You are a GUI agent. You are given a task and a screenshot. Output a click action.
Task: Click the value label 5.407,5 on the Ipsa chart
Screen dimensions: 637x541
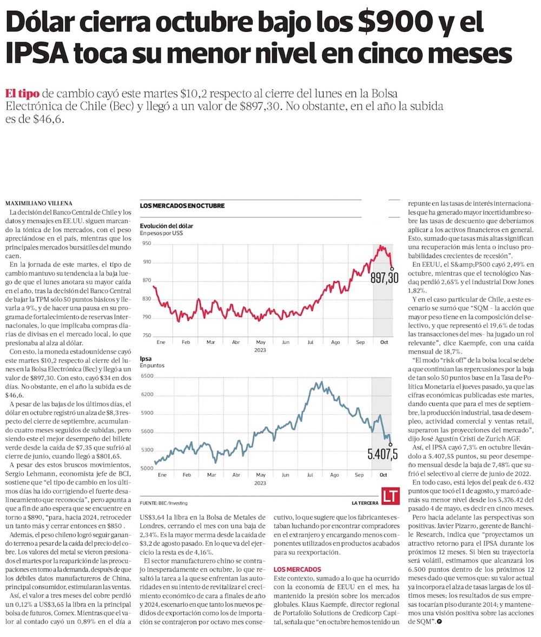(x=382, y=453)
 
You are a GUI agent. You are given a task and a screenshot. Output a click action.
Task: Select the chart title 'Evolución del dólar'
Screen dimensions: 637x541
(x=166, y=225)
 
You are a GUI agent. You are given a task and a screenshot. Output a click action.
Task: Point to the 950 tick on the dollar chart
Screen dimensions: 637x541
(x=146, y=243)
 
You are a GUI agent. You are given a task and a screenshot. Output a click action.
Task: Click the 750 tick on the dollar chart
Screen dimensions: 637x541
(x=146, y=336)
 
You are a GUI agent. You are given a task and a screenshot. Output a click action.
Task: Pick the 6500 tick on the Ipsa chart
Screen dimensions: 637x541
(x=147, y=376)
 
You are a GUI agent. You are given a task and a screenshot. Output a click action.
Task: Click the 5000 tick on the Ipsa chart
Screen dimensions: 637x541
(x=147, y=468)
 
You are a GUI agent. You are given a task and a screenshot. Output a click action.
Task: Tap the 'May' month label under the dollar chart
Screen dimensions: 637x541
(x=260, y=342)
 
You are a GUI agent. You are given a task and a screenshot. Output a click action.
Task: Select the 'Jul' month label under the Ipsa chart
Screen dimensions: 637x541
(x=310, y=474)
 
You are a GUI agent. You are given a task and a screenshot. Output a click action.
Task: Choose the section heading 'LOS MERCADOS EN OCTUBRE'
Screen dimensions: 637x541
(x=182, y=206)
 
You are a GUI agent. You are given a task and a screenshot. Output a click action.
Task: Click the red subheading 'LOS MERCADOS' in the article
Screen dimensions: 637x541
(x=297, y=569)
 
